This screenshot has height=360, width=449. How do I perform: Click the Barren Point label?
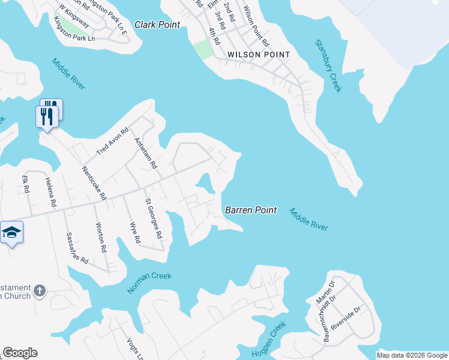[251, 210]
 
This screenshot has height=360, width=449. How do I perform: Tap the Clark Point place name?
[158, 25]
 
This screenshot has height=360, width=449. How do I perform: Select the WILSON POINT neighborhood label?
[259, 55]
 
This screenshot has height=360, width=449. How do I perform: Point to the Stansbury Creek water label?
[328, 66]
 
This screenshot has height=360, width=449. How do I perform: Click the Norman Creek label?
[149, 283]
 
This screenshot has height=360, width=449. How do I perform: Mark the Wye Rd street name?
[135, 233]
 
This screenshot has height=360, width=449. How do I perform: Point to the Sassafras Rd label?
[77, 249]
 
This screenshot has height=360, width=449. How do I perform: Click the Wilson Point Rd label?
[255, 27]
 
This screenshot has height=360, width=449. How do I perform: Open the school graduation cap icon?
[11, 232]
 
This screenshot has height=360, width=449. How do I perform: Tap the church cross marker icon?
[40, 291]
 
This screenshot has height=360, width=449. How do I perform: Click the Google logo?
[20, 353]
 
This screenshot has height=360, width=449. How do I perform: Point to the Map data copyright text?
[411, 355]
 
